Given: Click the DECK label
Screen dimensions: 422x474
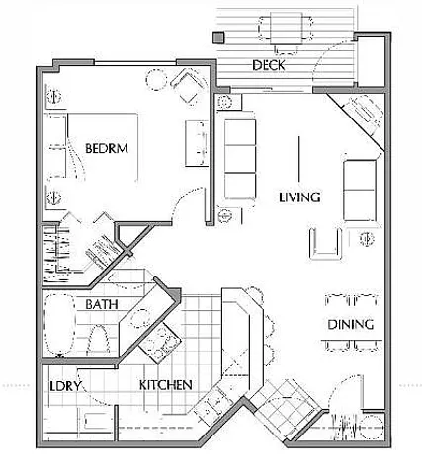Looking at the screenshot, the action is [268, 65].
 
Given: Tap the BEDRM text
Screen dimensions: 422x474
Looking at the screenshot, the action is [107, 148].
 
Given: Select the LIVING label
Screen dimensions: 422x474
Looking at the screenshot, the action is [299, 197].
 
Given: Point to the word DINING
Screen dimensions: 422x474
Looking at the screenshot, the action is [351, 325].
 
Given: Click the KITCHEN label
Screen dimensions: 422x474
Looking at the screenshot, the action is [166, 385].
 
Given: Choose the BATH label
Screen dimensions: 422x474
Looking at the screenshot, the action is [102, 304].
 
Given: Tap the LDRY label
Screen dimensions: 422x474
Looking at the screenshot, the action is [65, 386].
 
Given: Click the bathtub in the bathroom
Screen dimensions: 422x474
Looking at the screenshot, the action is [59, 325].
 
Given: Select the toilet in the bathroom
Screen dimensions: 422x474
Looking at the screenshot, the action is [98, 339].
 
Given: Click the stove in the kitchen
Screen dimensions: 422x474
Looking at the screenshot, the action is [160, 343].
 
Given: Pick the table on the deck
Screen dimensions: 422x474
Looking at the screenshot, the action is [287, 29].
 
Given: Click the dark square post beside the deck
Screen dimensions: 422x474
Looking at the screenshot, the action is [218, 38].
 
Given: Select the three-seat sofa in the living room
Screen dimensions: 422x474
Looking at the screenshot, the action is [240, 159].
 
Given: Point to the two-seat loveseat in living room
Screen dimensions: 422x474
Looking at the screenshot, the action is [360, 191].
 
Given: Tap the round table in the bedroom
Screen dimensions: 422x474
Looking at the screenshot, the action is [156, 80].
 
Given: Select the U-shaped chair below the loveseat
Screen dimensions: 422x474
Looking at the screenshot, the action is [325, 243].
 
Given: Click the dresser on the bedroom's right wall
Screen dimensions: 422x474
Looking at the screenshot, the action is [197, 143].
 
